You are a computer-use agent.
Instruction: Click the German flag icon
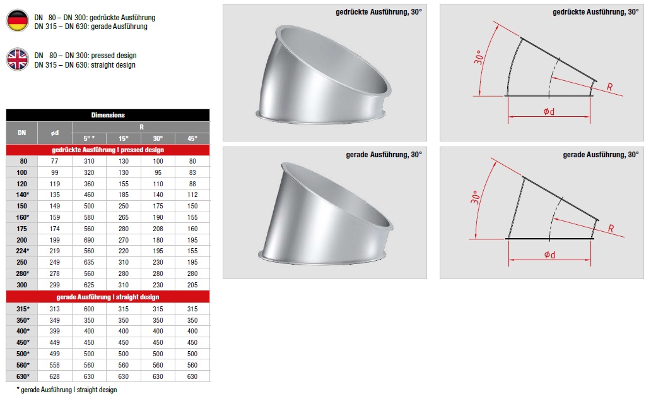coord(18,20)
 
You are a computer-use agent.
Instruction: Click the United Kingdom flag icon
coord(18,59)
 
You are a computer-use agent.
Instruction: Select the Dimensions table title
coord(108,115)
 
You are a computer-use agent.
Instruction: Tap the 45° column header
coord(192,138)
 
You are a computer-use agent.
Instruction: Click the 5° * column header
coord(89,138)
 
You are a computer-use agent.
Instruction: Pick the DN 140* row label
coord(23,195)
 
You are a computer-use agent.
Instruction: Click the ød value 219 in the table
coord(54,251)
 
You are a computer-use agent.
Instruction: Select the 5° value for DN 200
coord(89,240)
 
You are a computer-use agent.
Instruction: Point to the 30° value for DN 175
coord(158,229)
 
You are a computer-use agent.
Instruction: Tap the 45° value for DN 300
coord(192,285)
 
